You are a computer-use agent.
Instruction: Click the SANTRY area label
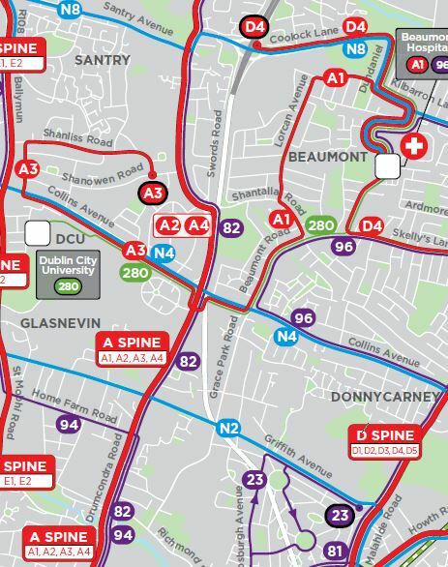[102, 60]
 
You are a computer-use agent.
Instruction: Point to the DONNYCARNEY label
[372, 398]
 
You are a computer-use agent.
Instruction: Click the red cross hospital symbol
[415, 148]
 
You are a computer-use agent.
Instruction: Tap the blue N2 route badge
[228, 428]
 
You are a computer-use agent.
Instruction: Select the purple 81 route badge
[336, 552]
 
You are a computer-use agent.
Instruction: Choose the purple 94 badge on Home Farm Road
[68, 424]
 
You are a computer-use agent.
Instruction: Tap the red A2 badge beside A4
[170, 225]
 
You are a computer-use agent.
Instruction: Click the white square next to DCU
[38, 233]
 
